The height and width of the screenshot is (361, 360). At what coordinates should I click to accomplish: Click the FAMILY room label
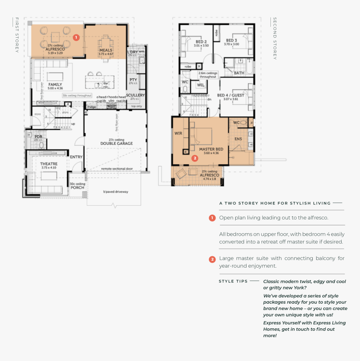coord(55,84)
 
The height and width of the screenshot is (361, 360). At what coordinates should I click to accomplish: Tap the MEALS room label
coord(105,50)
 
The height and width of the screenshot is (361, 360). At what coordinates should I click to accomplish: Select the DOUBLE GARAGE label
coord(116,143)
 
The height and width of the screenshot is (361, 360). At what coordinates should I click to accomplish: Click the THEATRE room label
coord(49,164)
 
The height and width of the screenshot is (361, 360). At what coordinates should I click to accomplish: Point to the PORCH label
coord(77,187)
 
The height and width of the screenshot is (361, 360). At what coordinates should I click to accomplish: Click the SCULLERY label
coord(135,95)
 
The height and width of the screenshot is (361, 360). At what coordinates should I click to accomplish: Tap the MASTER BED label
coord(211,149)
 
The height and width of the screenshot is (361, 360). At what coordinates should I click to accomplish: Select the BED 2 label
coord(201,41)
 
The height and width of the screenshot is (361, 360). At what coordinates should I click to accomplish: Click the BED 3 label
coord(231,41)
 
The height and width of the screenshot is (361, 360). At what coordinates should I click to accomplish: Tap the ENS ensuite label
coord(238,138)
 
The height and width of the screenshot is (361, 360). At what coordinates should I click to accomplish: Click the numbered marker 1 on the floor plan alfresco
coord(76,37)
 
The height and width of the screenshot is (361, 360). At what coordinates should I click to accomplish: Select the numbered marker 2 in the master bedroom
coord(194,158)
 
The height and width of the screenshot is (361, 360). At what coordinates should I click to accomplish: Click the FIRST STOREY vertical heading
coord(17,35)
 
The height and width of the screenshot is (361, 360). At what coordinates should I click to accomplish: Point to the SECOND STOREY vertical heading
coord(275,39)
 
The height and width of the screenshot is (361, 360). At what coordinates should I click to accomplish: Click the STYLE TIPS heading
coord(233,281)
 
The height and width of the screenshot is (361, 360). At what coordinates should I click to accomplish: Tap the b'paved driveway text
coord(116,192)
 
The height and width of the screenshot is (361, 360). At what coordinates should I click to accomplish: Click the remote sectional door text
coord(117,169)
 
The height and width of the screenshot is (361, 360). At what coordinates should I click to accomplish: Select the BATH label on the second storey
coord(239,73)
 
